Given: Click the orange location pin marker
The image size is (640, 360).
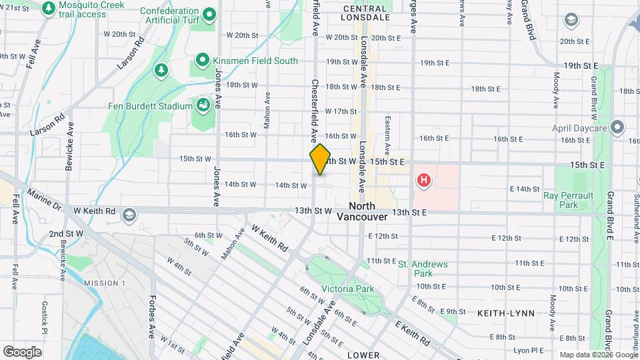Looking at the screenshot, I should tap(320, 159).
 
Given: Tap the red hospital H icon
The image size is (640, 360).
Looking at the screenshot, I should tap(423, 180).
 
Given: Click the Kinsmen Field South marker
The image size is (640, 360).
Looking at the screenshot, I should tap(202, 61).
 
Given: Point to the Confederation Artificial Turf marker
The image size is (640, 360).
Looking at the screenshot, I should tap(209, 13).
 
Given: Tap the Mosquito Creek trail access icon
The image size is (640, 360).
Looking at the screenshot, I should tap(49, 8).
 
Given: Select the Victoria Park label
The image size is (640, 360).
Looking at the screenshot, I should tap(347, 289).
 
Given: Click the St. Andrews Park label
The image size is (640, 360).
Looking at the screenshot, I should tap(423, 269).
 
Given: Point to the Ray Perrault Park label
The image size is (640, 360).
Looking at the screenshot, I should tap(568, 200).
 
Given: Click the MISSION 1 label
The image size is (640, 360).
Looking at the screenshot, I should tap(105, 283).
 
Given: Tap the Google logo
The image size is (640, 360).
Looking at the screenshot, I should tap(22, 351).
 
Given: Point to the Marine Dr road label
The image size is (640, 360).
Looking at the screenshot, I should tap(43, 200).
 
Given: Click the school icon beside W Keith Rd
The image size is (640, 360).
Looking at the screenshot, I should tap(129, 214).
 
